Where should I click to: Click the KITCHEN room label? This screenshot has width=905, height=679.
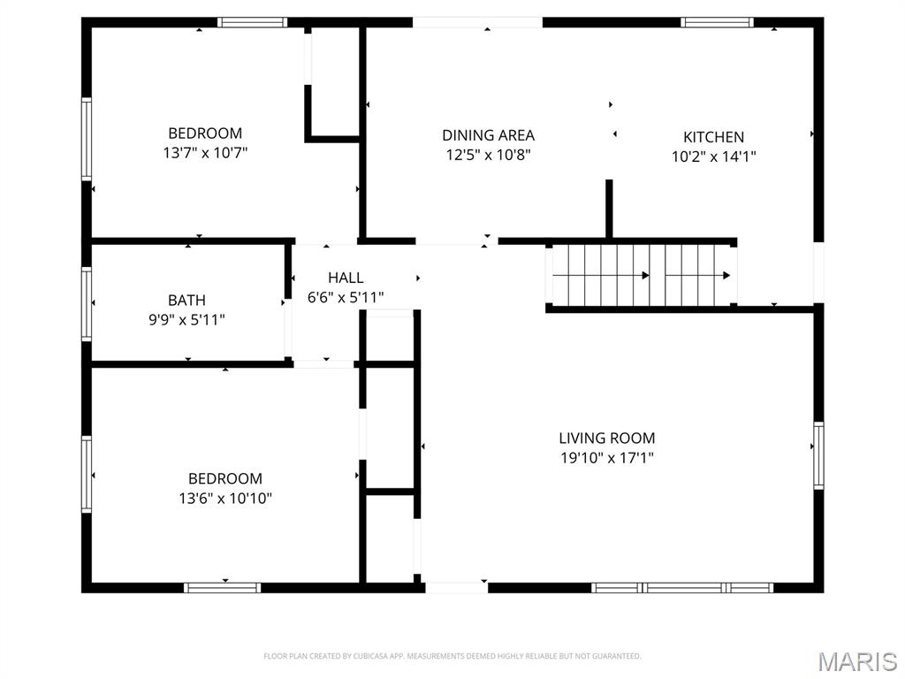713,137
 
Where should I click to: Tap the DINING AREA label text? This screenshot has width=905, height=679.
488,135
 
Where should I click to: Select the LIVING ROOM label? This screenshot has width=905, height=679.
606,438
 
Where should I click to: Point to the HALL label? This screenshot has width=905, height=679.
345,278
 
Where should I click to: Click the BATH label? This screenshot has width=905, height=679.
186,301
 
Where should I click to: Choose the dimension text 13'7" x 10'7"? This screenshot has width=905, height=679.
205,153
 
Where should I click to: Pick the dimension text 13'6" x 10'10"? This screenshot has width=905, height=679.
224,499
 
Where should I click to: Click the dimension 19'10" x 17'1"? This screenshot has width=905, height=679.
606,457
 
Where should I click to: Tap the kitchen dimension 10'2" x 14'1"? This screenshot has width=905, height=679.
713,156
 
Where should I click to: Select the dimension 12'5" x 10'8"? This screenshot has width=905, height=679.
488,155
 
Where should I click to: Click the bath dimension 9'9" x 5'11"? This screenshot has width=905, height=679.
186,319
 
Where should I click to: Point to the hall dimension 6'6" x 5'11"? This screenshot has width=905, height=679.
345,297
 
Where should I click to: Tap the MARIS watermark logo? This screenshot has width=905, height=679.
856,661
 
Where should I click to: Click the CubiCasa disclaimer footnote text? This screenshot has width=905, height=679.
452,656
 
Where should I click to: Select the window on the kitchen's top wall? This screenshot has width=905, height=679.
717,22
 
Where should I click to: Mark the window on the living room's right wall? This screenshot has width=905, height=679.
818,455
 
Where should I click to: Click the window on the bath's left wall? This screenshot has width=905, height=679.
87,304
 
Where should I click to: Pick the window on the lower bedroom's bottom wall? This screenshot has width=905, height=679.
222,587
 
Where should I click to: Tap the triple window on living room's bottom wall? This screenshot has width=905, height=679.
682,587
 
